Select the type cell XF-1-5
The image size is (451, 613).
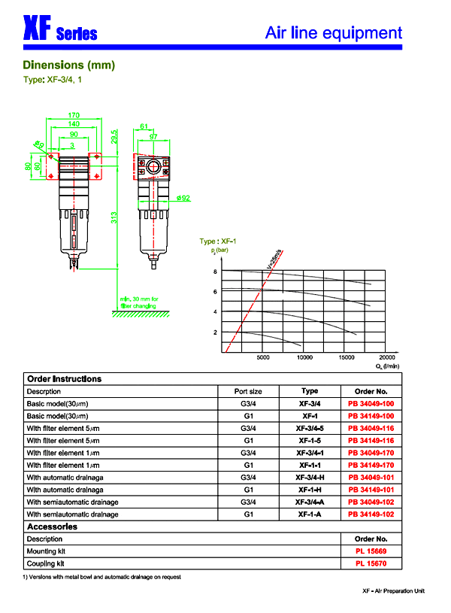(x=310, y=440)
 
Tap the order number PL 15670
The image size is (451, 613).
(x=372, y=563)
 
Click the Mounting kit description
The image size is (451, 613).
(x=47, y=551)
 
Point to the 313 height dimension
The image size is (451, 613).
(x=114, y=218)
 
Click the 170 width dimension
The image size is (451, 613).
(x=74, y=115)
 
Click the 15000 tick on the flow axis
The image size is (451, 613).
(x=346, y=358)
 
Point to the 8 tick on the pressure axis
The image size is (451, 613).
(x=215, y=272)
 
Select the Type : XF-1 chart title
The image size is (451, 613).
(x=219, y=241)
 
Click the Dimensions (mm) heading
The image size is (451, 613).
(x=68, y=65)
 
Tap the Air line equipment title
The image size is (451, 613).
(x=334, y=33)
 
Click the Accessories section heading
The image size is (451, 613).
(x=52, y=527)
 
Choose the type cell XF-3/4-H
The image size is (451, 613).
(x=310, y=477)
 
